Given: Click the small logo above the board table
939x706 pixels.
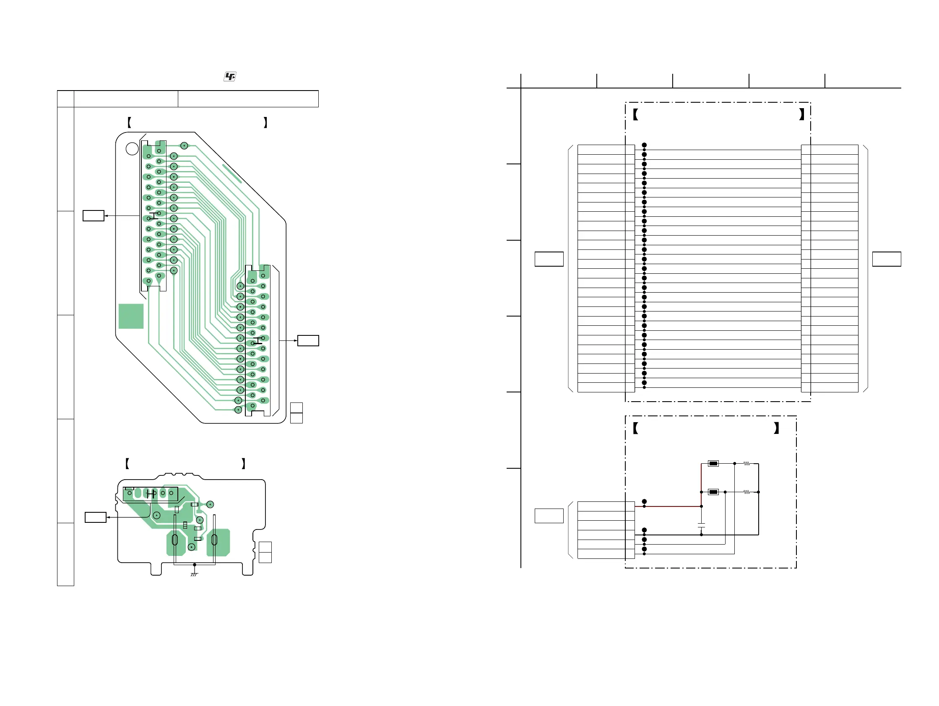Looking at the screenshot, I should (230, 77).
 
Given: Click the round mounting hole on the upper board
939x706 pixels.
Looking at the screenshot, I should (132, 148).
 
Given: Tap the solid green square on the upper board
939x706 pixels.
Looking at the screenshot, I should (131, 316).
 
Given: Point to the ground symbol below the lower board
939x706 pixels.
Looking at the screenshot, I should (194, 574).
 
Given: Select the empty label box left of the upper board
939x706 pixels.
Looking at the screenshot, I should (94, 215).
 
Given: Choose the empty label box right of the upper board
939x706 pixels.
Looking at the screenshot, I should (308, 341).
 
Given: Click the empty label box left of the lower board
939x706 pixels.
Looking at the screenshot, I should (96, 517).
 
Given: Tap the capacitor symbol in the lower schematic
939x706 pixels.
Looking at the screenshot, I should (701, 525).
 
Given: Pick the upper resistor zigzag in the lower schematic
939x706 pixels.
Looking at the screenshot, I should (746, 464).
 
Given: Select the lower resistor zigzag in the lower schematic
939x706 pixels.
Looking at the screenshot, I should (746, 492).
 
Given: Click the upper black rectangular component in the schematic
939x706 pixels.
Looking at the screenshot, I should (713, 464).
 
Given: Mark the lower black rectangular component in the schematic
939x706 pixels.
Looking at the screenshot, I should (713, 492).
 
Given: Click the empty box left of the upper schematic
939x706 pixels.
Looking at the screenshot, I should (549, 259).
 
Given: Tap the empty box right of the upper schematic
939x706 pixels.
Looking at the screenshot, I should (886, 259).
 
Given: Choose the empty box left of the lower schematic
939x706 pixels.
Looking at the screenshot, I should (549, 516).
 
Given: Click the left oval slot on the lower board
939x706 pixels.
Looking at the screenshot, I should (174, 540).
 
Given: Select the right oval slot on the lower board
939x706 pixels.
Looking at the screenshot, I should (214, 540).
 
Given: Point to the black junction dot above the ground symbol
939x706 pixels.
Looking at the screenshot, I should (195, 565).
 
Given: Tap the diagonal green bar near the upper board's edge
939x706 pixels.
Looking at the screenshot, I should (232, 174).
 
